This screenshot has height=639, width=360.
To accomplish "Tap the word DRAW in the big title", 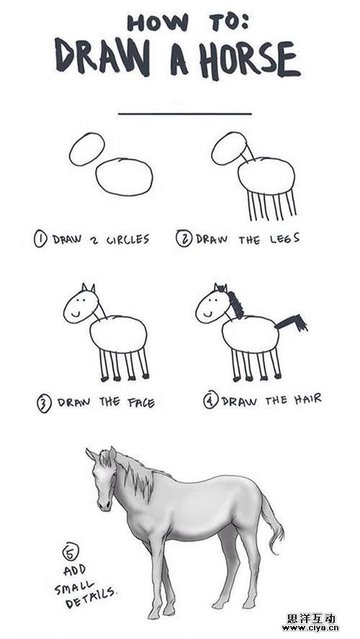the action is point(102,57).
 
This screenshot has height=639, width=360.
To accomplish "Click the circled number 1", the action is point(41,239).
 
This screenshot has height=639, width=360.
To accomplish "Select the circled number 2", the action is point(184,238).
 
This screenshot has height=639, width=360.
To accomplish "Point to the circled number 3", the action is point(44,404).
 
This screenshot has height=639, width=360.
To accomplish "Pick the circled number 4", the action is point(211,400).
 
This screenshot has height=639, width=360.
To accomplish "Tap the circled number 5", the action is point(70,553).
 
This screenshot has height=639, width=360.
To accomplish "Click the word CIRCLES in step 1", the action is point(127,239).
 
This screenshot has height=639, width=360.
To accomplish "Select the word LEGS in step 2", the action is point(284,238).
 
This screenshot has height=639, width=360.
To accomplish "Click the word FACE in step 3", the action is point(141,403).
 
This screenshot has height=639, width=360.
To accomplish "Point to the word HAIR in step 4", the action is point(308,399).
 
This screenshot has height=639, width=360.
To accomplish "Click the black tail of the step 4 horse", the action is point(291,322).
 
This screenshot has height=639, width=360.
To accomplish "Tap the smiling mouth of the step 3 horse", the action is point(76,314).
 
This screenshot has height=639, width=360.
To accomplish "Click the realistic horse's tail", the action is point(272,526).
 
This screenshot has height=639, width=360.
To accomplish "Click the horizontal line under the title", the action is point(185,114).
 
